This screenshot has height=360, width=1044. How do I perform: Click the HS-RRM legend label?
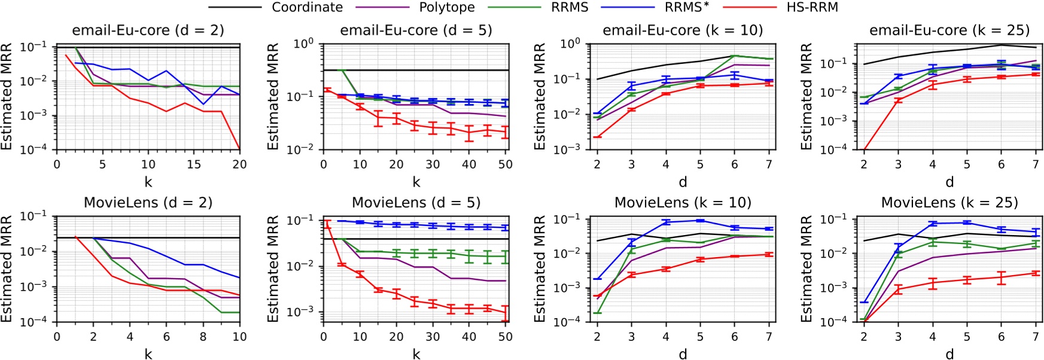(812, 7)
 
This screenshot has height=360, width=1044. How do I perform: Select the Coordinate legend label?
(307, 7)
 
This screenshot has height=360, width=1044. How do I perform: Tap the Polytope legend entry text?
(446, 7)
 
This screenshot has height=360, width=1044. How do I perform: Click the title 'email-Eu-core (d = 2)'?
(148, 30)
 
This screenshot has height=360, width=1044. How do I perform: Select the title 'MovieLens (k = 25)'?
(949, 203)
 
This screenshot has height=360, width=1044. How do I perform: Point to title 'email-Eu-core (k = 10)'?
(682, 30)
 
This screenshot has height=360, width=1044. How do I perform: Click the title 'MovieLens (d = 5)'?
(416, 203)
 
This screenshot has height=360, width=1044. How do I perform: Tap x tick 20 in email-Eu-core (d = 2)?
(239, 164)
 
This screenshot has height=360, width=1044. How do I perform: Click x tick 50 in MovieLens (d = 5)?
(506, 337)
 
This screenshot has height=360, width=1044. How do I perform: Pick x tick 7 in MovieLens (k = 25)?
(1036, 337)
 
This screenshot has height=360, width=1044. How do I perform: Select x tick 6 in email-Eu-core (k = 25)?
(1002, 164)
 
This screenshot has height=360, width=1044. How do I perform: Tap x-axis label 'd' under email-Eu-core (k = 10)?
(682, 182)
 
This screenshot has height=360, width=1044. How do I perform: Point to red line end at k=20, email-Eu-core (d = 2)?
(239, 148)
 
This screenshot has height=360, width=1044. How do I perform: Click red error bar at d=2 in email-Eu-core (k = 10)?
(597, 137)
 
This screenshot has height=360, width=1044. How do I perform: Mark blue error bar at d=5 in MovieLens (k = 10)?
(700, 221)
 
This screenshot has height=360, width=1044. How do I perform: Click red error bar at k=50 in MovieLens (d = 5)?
(506, 313)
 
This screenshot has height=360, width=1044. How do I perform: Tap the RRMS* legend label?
(687, 7)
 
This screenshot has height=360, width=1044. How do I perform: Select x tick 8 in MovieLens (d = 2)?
(203, 337)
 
